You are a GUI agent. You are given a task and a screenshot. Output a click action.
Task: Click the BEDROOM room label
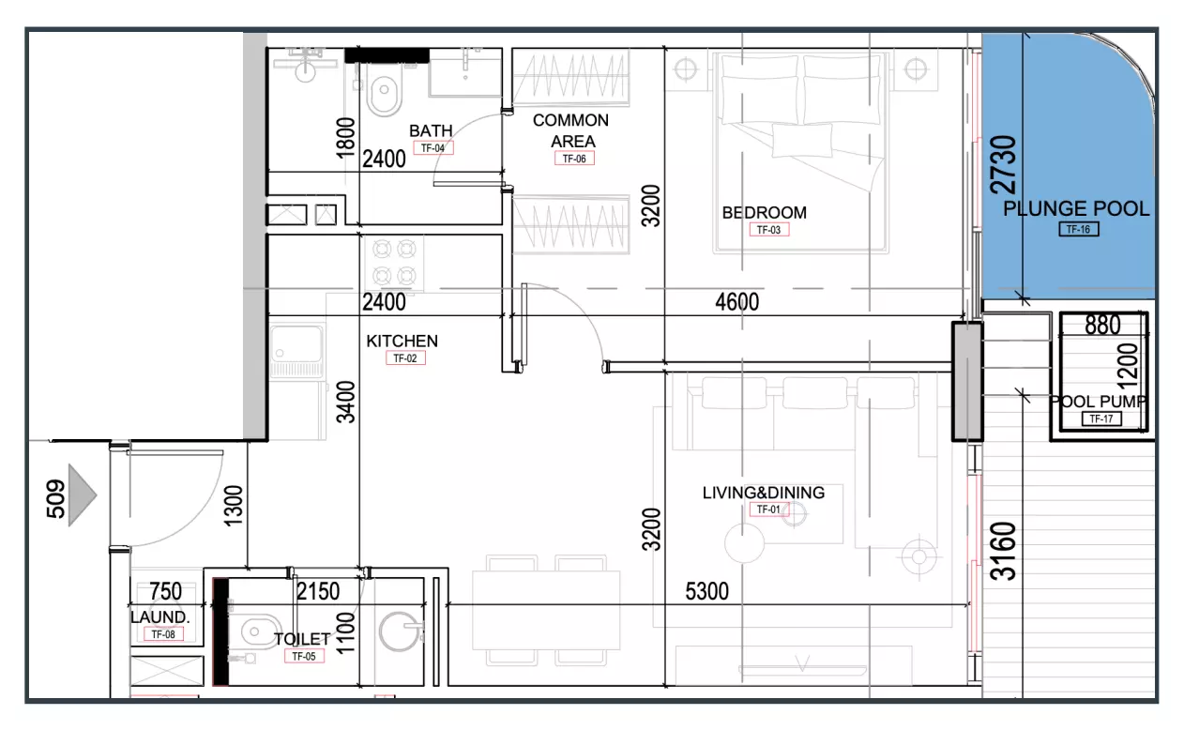pos(765,212)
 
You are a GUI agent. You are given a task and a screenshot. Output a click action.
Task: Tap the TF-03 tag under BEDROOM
pos(769,230)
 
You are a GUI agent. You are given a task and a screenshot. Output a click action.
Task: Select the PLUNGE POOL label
pos(1076,209)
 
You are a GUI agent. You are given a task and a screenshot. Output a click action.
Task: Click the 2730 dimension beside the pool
pos(1003,165)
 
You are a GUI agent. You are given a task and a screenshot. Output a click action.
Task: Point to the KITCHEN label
pos(402,341)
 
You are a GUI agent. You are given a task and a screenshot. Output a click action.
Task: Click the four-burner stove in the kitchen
pos(394,262)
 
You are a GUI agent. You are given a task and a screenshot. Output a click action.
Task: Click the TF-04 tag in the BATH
pos(433,148)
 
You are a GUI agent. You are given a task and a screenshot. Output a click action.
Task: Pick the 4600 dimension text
pos(736,302)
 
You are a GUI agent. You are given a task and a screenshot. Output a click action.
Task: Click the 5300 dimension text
pos(706,591)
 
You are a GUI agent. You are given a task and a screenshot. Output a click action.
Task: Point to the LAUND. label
pos(159,616)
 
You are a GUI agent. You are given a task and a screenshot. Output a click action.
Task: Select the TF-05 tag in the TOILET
pos(304,657)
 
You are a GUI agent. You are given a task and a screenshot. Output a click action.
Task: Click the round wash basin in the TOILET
pos(399,631)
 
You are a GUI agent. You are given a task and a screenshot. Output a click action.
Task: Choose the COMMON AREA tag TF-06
pos(574,159)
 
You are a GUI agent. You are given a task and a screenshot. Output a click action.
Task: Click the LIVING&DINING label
pos(764,493)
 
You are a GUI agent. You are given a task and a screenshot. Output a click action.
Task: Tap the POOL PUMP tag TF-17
pos(1101,419)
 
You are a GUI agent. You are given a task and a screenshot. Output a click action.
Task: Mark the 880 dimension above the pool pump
pos(1102,325)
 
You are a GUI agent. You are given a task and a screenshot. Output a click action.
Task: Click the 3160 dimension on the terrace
pos(1003,552)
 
